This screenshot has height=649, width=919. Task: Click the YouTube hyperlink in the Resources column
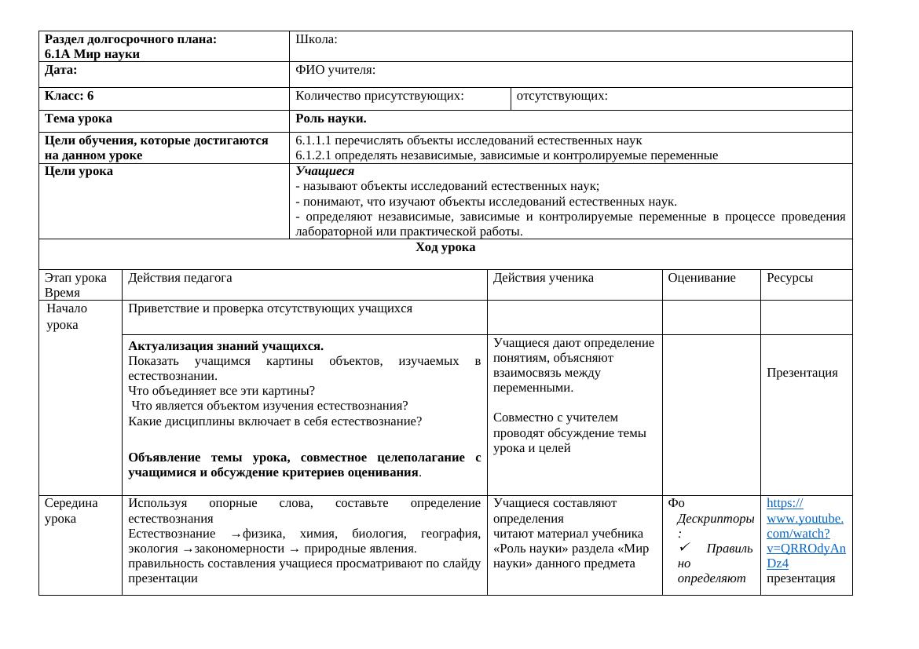pyautogui.click(x=805, y=533)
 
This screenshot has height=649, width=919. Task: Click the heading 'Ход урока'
pyautogui.click(x=445, y=247)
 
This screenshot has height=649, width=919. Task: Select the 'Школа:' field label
pyautogui.click(x=317, y=39)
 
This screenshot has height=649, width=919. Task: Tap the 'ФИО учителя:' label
pyautogui.click(x=335, y=71)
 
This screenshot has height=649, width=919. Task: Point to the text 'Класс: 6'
pyautogui.click(x=69, y=96)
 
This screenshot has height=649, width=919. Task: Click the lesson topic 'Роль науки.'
pyautogui.click(x=331, y=119)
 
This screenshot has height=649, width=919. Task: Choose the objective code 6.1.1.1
pyautogui.click(x=313, y=140)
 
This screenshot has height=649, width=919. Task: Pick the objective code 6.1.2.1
pyautogui.click(x=313, y=155)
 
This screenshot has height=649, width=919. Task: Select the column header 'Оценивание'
pyautogui.click(x=701, y=278)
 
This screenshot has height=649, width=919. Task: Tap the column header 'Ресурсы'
pyautogui.click(x=789, y=278)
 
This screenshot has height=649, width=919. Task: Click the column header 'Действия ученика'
pyautogui.click(x=543, y=278)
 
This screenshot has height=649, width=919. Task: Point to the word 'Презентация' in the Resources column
pyautogui.click(x=802, y=373)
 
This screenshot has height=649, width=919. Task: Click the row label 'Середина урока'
pyautogui.click(x=71, y=511)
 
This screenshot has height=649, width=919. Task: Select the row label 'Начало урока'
pyautogui.click(x=67, y=316)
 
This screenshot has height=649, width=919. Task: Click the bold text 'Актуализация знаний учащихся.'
pyautogui.click(x=225, y=346)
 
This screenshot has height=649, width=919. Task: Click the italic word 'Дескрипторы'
pyautogui.click(x=716, y=519)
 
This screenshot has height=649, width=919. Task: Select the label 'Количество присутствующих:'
pyautogui.click(x=379, y=96)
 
